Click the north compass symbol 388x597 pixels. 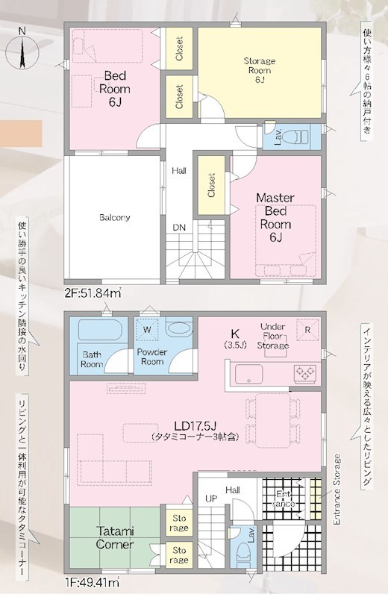click(x=22, y=49)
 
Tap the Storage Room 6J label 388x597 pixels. click(x=260, y=70)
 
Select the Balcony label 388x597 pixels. click(x=115, y=218)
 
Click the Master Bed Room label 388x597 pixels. click(x=275, y=217)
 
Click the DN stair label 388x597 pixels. click(x=179, y=228)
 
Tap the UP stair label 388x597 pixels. click(x=211, y=498)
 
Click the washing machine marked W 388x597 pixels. click(x=147, y=330)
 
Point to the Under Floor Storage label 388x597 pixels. click(x=272, y=337)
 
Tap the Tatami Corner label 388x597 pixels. click(x=115, y=537)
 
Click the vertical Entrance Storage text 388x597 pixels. click(x=337, y=490)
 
